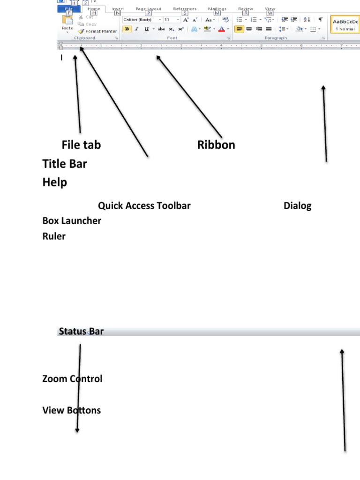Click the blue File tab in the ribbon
[68, 8]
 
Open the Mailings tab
[217, 8]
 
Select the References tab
[185, 8]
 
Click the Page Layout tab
[148, 8]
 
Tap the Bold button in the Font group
[127, 29]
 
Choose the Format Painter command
[98, 31]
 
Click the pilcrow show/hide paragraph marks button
[320, 19]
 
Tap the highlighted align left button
[239, 29]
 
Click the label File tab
[81, 145]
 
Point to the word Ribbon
[216, 145]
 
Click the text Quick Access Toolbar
[144, 205]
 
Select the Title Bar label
[65, 164]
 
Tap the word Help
[55, 182]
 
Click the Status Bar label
[81, 332]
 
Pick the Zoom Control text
[72, 379]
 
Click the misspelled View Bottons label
[71, 410]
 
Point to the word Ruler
[54, 236]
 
